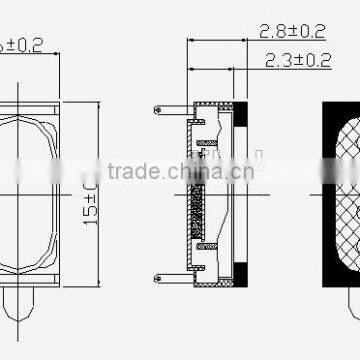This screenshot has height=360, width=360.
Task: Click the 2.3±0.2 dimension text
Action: coord(297,62)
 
